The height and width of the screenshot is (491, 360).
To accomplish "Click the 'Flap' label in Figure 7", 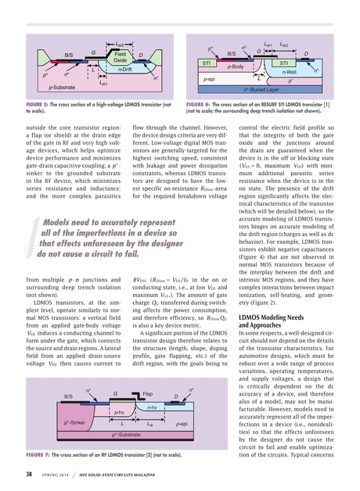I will tap(147, 395).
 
